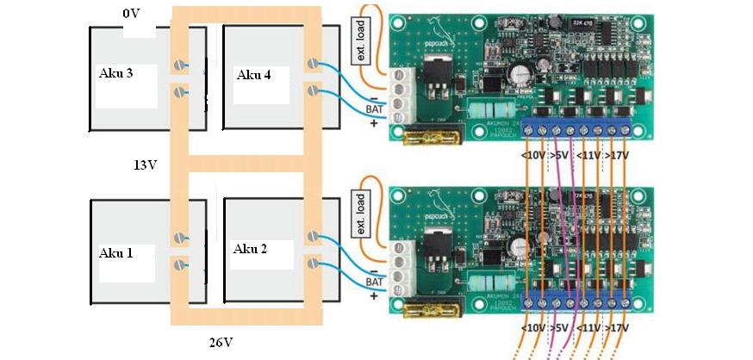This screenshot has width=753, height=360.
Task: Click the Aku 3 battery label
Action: tap(115, 73)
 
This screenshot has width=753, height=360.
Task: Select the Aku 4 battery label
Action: tap(253, 75)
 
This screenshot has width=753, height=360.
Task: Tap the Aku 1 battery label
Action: tap(115, 252)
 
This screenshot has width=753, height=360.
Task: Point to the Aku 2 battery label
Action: tap(250, 249)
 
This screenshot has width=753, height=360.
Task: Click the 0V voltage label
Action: tap(130, 15)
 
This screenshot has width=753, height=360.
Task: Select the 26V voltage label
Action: tap(221, 342)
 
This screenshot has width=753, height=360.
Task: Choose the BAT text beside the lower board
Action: tap(374, 282)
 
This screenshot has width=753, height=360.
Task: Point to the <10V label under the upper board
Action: tap(534, 156)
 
